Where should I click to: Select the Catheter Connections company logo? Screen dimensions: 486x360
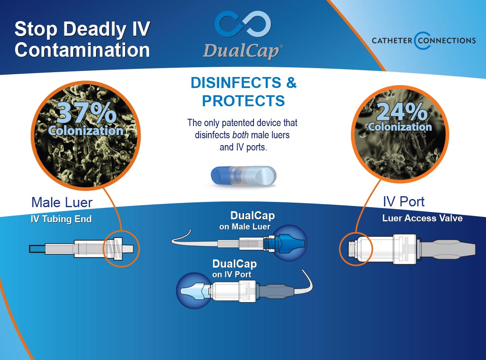[424, 41]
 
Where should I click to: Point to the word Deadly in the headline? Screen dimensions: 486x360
[94, 30]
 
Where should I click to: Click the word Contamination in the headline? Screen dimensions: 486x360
[82, 49]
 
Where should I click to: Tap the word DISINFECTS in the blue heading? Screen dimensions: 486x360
[236, 83]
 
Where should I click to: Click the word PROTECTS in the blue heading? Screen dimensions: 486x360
[243, 101]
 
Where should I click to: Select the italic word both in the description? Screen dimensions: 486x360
[241, 135]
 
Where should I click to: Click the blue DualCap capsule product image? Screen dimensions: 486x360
[243, 176]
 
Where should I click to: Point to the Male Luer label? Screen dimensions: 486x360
[62, 202]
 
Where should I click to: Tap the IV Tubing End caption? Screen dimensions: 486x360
[61, 219]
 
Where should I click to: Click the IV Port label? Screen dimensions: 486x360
[404, 201]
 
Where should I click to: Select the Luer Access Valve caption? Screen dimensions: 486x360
[422, 218]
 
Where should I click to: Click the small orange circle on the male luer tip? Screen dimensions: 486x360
[121, 249]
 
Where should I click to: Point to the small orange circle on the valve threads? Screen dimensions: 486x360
[356, 249]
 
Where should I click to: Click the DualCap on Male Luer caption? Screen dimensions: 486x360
[247, 221]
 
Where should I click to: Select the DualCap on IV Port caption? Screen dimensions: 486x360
[234, 269]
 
